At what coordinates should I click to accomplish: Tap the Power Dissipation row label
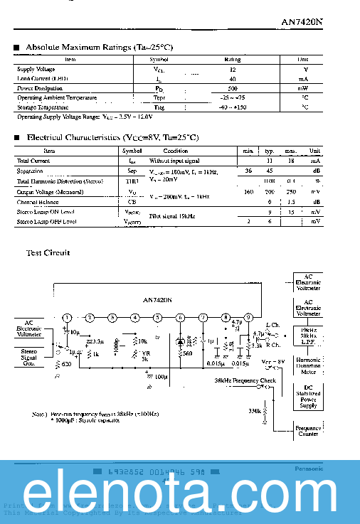click(x=41, y=88)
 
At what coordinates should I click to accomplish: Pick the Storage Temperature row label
click(x=43, y=107)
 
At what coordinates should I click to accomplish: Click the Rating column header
click(x=233, y=60)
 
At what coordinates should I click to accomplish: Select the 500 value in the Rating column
click(x=233, y=88)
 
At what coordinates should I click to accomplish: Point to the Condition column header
click(x=176, y=151)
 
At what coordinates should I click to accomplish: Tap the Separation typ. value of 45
click(x=270, y=171)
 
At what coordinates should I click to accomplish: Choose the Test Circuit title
click(x=48, y=252)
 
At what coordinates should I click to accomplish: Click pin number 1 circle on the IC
click(x=67, y=318)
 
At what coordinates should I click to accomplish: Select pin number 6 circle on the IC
click(x=180, y=318)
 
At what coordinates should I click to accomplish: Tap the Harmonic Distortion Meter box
click(x=308, y=365)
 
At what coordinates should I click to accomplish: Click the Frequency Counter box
click(x=308, y=430)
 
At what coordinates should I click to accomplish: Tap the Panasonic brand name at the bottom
click(x=309, y=469)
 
